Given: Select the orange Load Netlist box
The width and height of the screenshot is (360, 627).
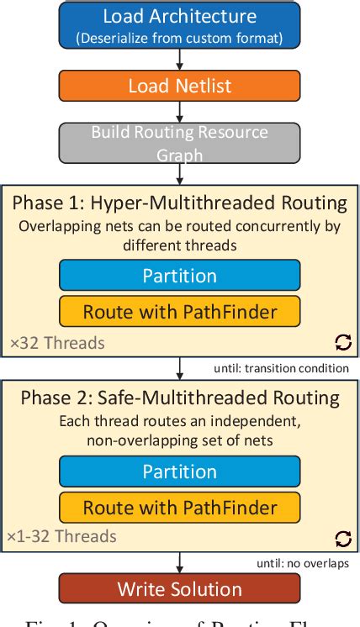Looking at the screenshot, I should [179, 86].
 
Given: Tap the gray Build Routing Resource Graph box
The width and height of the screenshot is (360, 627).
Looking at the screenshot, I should [179, 143].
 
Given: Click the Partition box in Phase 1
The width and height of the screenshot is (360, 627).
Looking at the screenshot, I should [179, 276].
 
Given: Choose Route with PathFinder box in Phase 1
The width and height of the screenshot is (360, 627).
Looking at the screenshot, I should [179, 311].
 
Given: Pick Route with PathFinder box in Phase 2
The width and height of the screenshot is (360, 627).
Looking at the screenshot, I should [179, 507].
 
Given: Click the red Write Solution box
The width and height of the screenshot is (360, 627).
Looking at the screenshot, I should [179, 588].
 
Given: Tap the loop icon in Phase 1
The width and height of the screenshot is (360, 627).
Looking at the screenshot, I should [342, 342].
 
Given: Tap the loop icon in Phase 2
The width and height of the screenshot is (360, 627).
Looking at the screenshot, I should [342, 538].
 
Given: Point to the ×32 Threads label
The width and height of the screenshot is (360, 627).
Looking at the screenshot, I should [57, 342].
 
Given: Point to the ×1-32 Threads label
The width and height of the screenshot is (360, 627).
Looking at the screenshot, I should [63, 536].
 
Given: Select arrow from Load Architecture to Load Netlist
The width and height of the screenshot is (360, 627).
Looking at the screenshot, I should [179, 59].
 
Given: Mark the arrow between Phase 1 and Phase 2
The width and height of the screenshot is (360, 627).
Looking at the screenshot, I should [179, 368].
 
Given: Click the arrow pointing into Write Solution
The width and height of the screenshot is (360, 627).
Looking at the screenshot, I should [179, 562].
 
